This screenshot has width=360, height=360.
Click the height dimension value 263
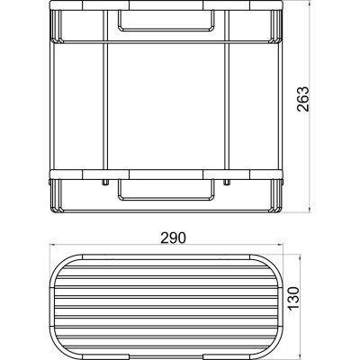303,99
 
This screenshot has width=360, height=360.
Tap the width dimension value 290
174,238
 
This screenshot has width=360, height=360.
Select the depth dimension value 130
293,298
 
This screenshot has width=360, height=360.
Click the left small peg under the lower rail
105,182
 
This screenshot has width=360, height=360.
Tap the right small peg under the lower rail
227,182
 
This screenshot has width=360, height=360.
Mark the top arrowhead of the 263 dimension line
310,4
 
